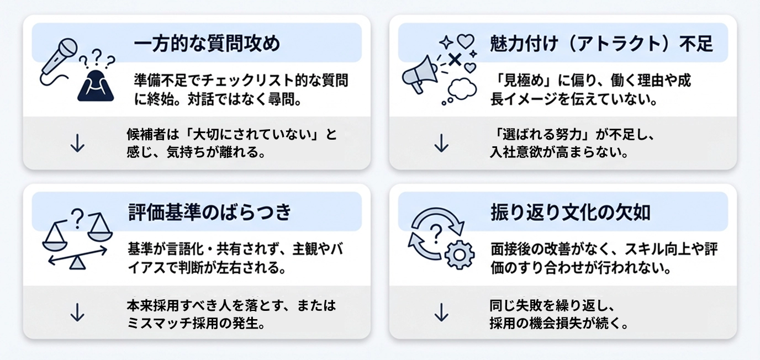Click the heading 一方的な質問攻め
[x=207, y=43]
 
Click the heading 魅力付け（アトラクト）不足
[x=601, y=43]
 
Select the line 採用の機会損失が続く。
[x=559, y=322]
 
